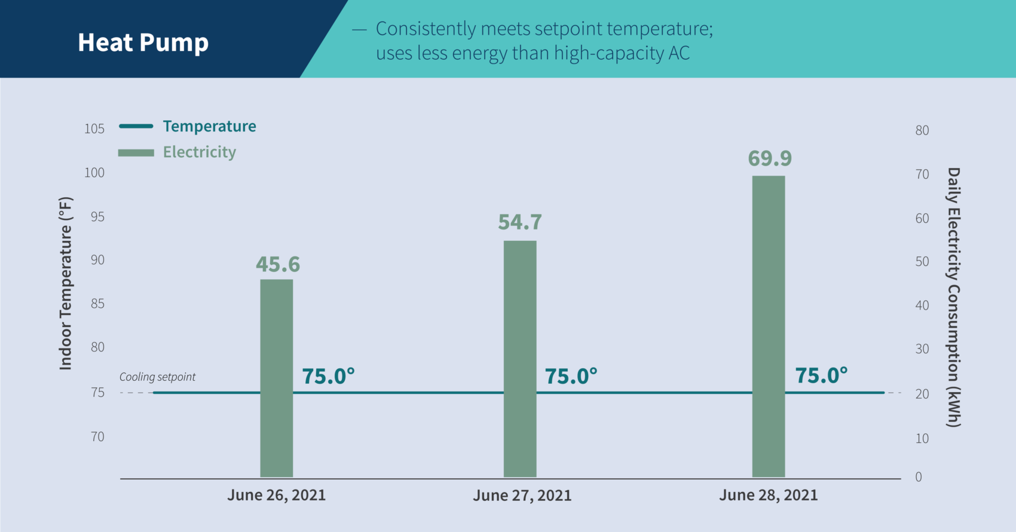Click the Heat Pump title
(x=143, y=42)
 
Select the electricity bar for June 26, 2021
(x=277, y=378)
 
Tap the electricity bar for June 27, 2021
(x=520, y=359)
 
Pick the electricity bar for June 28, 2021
(x=769, y=326)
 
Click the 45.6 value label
(x=278, y=264)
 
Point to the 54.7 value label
(x=520, y=222)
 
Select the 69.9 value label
(x=770, y=158)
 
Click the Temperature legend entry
(x=209, y=126)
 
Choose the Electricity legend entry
(x=199, y=152)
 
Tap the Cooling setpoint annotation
(x=157, y=377)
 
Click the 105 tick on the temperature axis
(x=94, y=129)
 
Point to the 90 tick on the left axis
(x=97, y=260)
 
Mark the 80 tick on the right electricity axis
(x=922, y=130)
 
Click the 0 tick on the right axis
(x=919, y=477)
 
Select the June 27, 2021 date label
(x=522, y=495)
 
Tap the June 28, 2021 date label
(x=768, y=495)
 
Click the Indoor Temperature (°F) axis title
(x=66, y=283)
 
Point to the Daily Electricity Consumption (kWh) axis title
(x=953, y=297)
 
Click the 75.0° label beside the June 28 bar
(x=821, y=375)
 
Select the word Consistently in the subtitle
(x=426, y=29)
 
